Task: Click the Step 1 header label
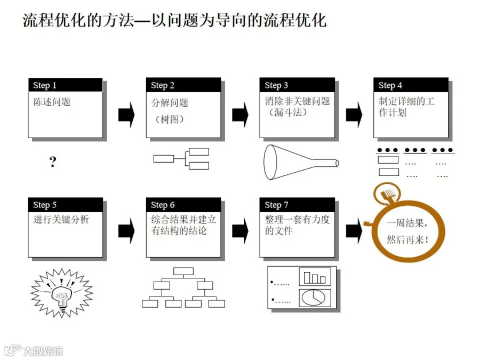(x=45, y=85)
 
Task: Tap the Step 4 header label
(x=390, y=85)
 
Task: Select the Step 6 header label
(x=163, y=205)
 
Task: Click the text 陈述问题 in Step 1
(x=52, y=102)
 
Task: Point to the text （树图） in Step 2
(x=169, y=119)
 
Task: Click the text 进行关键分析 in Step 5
(x=61, y=219)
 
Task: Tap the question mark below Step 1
(x=53, y=161)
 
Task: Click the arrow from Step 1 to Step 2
(x=126, y=115)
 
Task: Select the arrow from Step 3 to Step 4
(x=354, y=115)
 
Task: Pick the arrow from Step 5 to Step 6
(x=126, y=231)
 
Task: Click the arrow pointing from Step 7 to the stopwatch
(x=354, y=231)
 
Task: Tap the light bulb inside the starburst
(x=62, y=296)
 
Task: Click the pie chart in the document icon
(x=314, y=298)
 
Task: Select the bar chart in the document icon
(x=314, y=277)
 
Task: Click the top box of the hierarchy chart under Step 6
(x=183, y=271)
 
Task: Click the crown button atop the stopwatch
(x=388, y=194)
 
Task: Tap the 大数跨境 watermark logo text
(x=43, y=351)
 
